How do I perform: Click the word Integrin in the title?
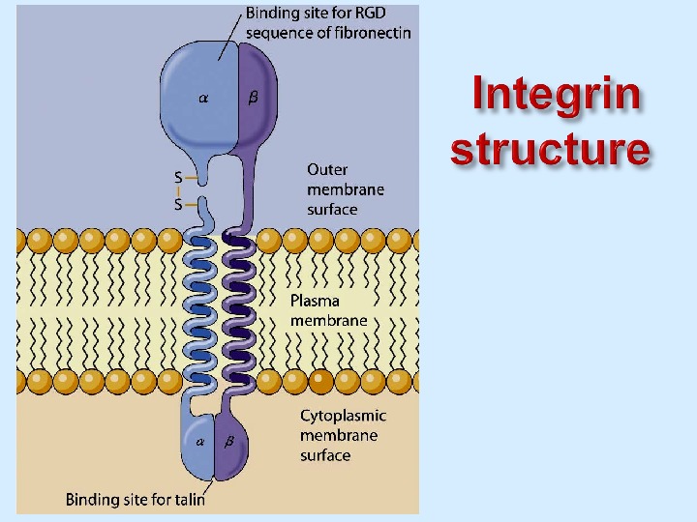tap(558, 97)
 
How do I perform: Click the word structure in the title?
tap(550, 150)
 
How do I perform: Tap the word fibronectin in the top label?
tap(373, 33)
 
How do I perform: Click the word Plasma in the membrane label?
tap(315, 301)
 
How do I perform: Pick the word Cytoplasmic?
tap(343, 416)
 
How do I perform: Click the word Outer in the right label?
tap(327, 169)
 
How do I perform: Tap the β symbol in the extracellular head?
tap(253, 98)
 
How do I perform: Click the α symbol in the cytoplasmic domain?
tap(200, 442)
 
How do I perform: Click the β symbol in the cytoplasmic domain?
tap(229, 442)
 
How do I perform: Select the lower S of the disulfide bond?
tap(178, 204)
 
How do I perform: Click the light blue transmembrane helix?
tap(202, 309)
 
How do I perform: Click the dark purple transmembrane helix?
tap(238, 309)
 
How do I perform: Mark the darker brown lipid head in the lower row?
tap(318, 380)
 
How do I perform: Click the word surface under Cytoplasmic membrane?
tap(324, 455)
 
